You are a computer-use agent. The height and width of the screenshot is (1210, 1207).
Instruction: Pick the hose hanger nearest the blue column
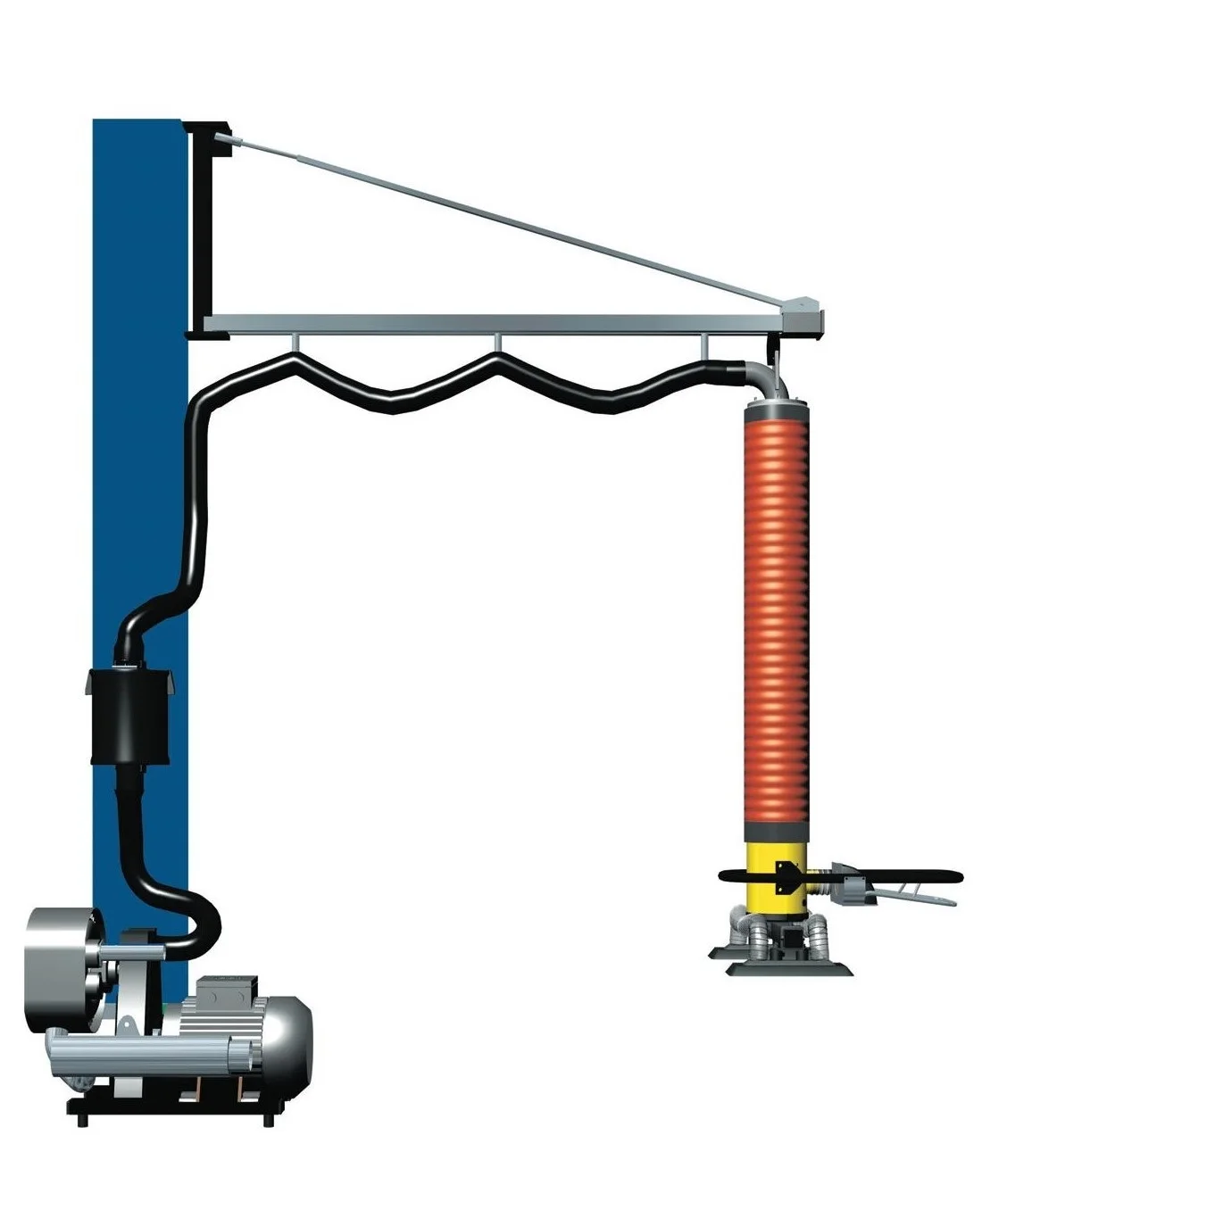point(295,344)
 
